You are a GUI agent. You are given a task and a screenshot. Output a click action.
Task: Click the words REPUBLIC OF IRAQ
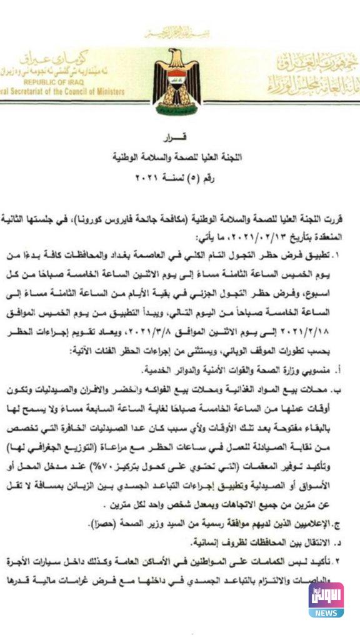(x=50, y=81)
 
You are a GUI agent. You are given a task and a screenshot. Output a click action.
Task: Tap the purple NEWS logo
(x=326, y=599)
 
